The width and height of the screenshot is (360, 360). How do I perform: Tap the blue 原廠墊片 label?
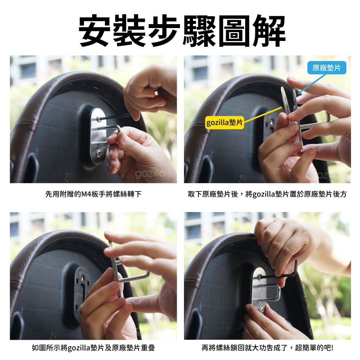click(327, 68)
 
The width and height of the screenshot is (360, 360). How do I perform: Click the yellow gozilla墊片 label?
click(224, 122)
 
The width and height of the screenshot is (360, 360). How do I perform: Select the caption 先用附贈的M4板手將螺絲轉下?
click(93, 194)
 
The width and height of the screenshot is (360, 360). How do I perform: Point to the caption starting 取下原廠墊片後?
click(267, 194)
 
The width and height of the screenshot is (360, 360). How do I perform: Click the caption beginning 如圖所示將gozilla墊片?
click(93, 348)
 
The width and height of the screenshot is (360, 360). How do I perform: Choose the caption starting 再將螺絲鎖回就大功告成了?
click(267, 348)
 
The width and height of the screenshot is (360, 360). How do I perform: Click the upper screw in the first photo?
click(99, 119)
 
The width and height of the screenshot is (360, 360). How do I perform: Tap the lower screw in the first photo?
click(99, 153)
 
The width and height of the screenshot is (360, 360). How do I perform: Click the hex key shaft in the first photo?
click(115, 117)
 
